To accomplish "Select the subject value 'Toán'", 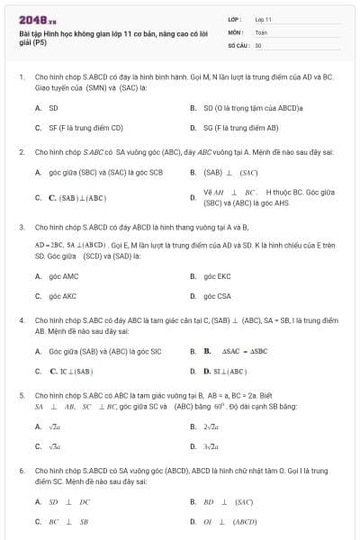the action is click(x=261, y=31).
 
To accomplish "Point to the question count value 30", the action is click(x=258, y=44).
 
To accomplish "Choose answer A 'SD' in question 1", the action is click(x=53, y=108).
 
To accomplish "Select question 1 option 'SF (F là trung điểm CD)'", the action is click(x=85, y=128).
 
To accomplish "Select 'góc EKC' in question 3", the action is click(x=217, y=275).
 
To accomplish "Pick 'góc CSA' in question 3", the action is click(x=217, y=295).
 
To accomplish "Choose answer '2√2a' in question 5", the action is click(x=211, y=427).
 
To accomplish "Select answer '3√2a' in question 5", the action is click(x=211, y=446).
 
